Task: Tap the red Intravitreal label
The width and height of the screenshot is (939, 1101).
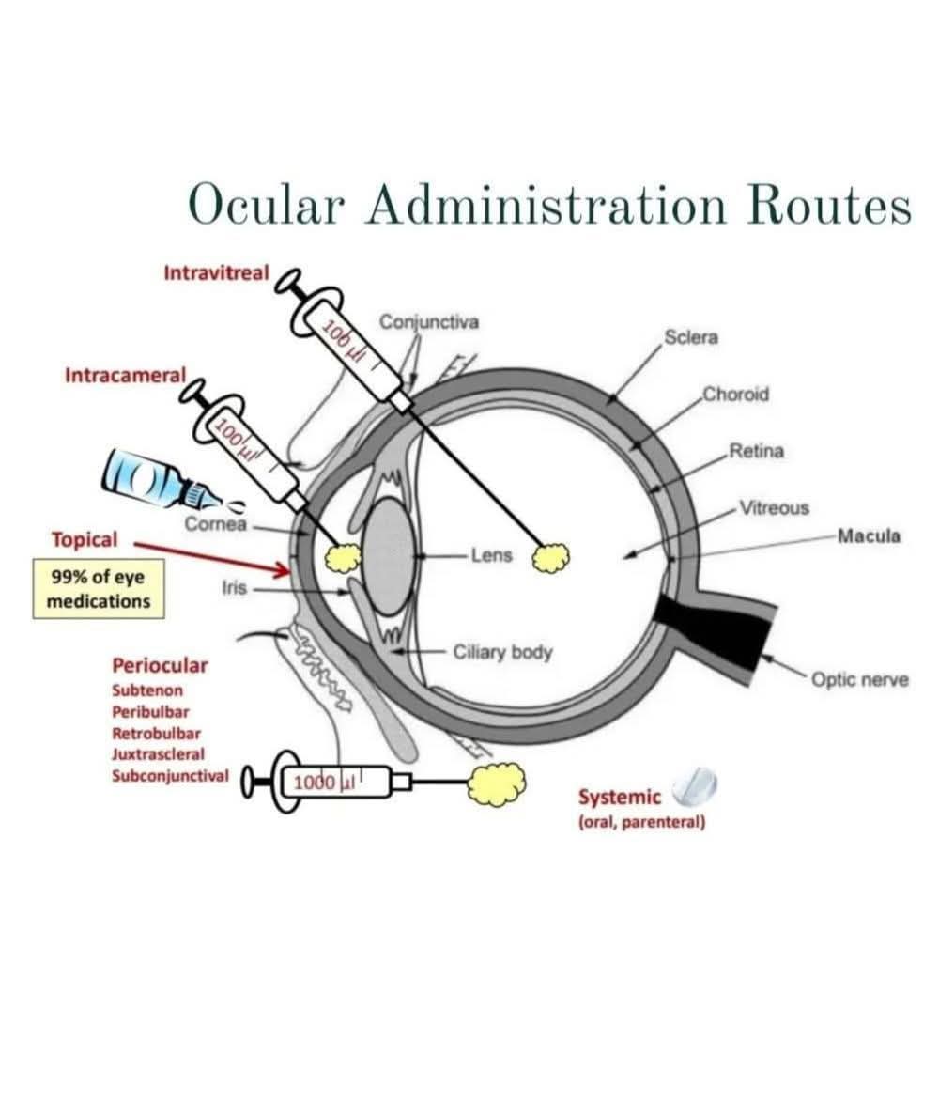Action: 215,273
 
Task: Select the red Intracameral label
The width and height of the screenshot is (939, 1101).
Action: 125,375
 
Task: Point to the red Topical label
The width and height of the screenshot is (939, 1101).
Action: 85,539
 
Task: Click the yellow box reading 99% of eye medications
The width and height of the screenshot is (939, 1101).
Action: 98,589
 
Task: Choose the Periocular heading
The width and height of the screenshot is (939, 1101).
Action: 160,666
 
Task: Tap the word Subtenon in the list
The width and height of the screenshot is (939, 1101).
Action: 147,690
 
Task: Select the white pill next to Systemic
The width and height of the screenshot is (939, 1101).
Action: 695,786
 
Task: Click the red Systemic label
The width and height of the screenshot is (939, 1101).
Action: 619,798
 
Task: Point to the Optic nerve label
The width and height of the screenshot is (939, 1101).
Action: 859,678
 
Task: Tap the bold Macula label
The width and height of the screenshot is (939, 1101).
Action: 869,536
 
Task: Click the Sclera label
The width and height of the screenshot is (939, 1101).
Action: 690,337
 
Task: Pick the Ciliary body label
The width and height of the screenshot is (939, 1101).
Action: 502,651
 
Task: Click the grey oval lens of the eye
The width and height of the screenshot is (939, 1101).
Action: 389,558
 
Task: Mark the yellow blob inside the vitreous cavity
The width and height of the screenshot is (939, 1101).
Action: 550,557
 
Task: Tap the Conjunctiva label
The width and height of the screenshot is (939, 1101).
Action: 428,322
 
